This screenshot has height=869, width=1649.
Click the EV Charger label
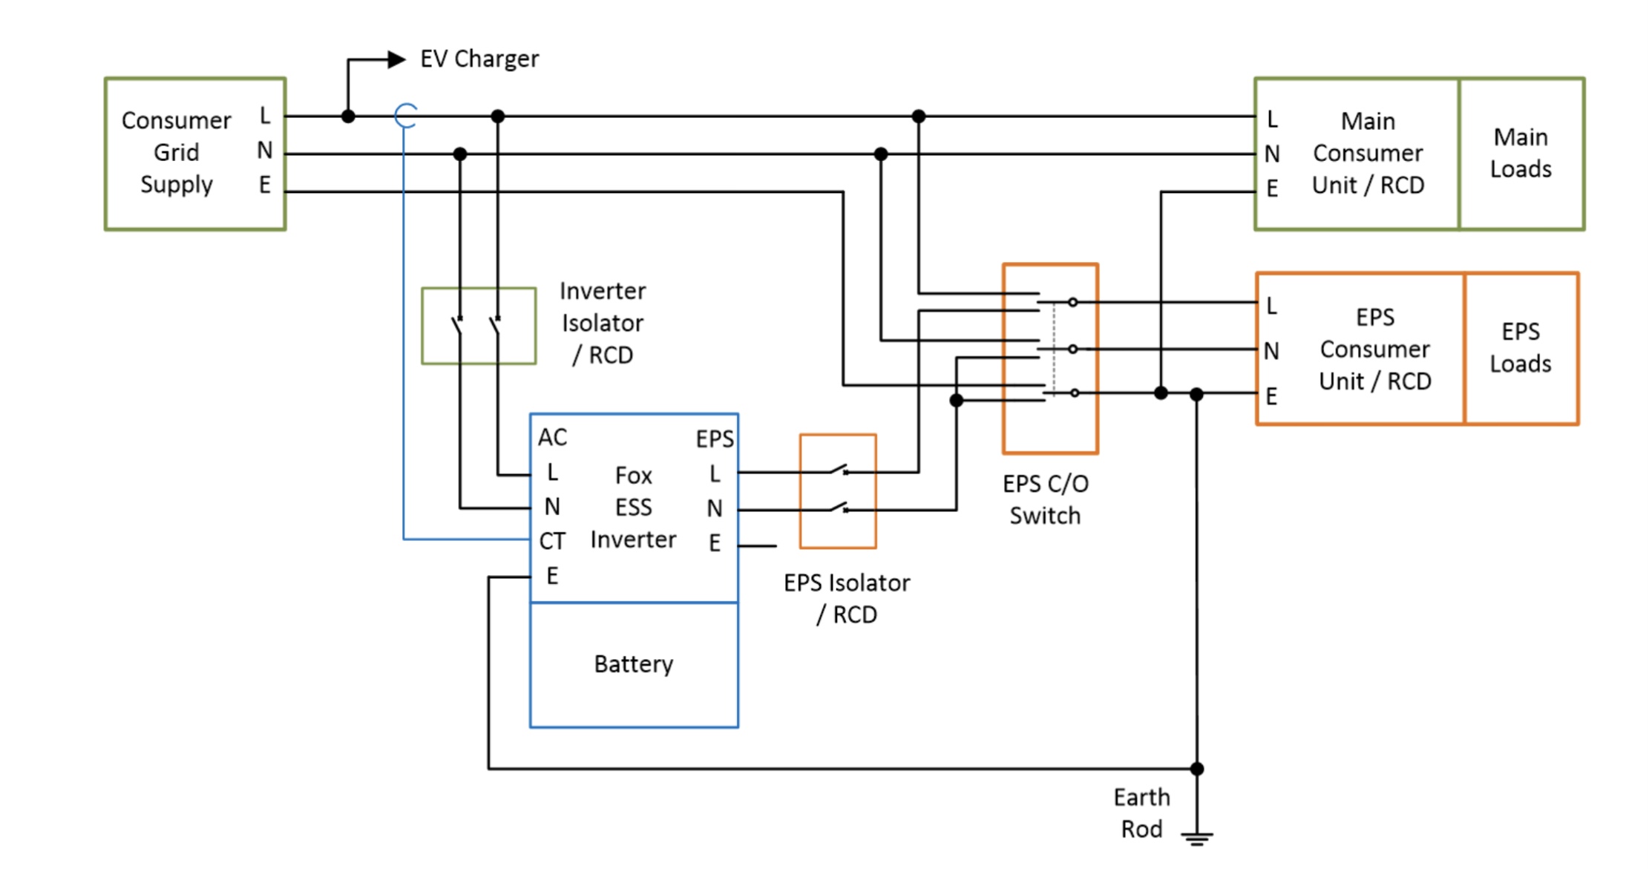pos(479,59)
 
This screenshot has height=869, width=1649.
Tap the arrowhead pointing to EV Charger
pos(397,59)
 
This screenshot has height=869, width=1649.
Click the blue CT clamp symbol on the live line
pos(405,116)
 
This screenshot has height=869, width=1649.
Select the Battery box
pos(634,664)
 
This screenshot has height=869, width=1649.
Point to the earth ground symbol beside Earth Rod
pos(1197,838)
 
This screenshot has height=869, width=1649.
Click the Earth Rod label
pos(1141,813)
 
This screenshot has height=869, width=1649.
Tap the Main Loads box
pos(1521,154)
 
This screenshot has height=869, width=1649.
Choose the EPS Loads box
pos(1521,348)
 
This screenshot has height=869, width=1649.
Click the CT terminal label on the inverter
pos(552,541)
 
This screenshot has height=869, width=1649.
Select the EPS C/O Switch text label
pos(1045,499)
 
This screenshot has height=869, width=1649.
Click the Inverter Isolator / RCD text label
pos(602,323)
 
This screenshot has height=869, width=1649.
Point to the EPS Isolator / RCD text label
pos(847,598)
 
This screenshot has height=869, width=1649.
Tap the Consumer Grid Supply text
pos(177,152)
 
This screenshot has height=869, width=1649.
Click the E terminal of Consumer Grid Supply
pos(265,185)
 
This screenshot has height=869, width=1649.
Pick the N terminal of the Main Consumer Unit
pos(1272,154)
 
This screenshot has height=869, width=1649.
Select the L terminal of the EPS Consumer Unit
pos(1271,306)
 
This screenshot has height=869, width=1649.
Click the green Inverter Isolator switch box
pos(479,326)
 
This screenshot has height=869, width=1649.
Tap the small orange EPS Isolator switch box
pos(838,491)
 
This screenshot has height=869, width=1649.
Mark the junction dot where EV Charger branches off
pos(348,117)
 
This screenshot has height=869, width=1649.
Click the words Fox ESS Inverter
pos(633,508)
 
